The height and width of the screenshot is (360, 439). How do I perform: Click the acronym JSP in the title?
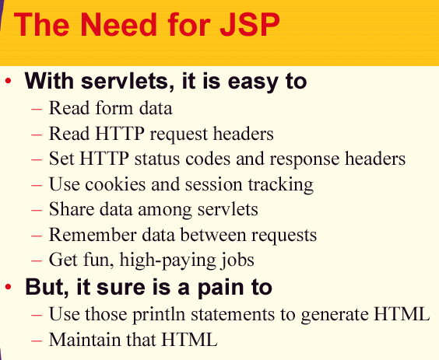pyautogui.click(x=249, y=24)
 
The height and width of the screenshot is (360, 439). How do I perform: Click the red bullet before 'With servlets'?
pyautogui.click(x=8, y=81)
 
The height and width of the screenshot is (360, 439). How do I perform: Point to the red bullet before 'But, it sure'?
pyautogui.click(x=8, y=287)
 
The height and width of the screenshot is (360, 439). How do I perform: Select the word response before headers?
pyautogui.click(x=304, y=159)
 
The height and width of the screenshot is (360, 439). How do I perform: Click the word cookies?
pyautogui.click(x=116, y=184)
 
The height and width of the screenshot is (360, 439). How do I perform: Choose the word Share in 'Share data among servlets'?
pyautogui.click(x=72, y=209)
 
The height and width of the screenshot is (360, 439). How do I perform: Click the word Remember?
pyautogui.click(x=93, y=234)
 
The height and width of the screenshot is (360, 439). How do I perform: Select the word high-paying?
pyautogui.click(x=168, y=260)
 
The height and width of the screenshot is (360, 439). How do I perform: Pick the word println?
pyautogui.click(x=158, y=314)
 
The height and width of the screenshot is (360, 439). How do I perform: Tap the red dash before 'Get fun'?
pyautogui.click(x=37, y=260)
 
